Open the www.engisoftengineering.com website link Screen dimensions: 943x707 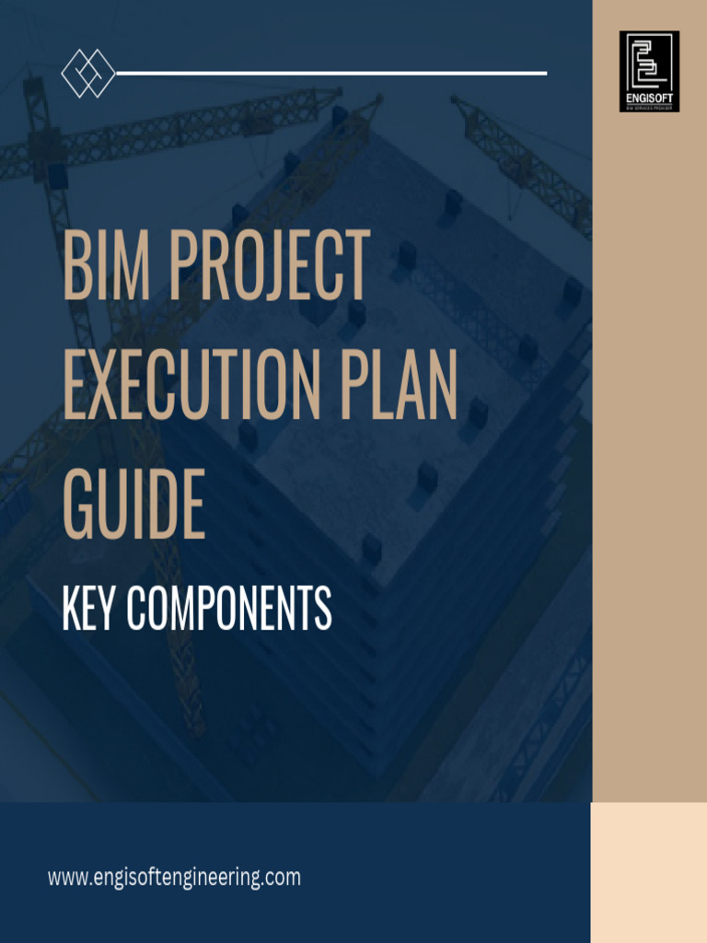(x=174, y=878)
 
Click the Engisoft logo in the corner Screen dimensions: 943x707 (x=649, y=64)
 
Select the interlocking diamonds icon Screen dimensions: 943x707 (x=87, y=73)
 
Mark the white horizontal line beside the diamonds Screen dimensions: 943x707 (x=331, y=73)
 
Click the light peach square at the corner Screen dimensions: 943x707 (x=649, y=871)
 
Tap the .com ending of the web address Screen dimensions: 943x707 (x=282, y=878)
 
